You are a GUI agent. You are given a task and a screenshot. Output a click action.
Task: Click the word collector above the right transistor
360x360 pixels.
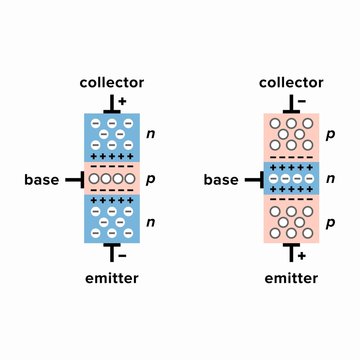[x=291, y=82]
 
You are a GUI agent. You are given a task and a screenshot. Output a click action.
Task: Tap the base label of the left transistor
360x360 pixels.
[x=43, y=180]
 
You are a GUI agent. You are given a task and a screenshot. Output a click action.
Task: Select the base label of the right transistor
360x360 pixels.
[x=221, y=180]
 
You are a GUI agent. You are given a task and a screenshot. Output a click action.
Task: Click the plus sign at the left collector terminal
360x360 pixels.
[x=122, y=102]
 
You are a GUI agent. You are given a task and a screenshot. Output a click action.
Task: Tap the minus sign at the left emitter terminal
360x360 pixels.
[x=122, y=256]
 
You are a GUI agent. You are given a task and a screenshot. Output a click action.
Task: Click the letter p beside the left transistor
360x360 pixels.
[x=151, y=180]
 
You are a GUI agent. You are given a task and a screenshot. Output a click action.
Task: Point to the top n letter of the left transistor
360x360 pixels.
[x=151, y=132]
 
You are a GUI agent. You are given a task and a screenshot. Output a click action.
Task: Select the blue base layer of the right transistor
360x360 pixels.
[x=291, y=180]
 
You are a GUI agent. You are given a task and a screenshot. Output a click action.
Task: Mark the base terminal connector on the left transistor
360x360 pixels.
[x=75, y=180]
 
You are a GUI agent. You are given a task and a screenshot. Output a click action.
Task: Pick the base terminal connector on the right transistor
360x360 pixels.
[x=254, y=180]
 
